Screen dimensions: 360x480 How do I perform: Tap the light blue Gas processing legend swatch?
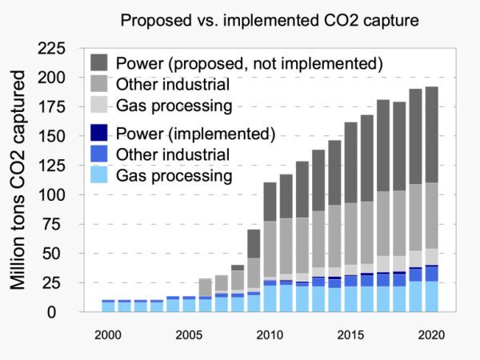[99, 174]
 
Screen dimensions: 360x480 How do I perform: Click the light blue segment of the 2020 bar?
[431, 296]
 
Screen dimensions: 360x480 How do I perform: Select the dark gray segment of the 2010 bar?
[270, 202]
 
